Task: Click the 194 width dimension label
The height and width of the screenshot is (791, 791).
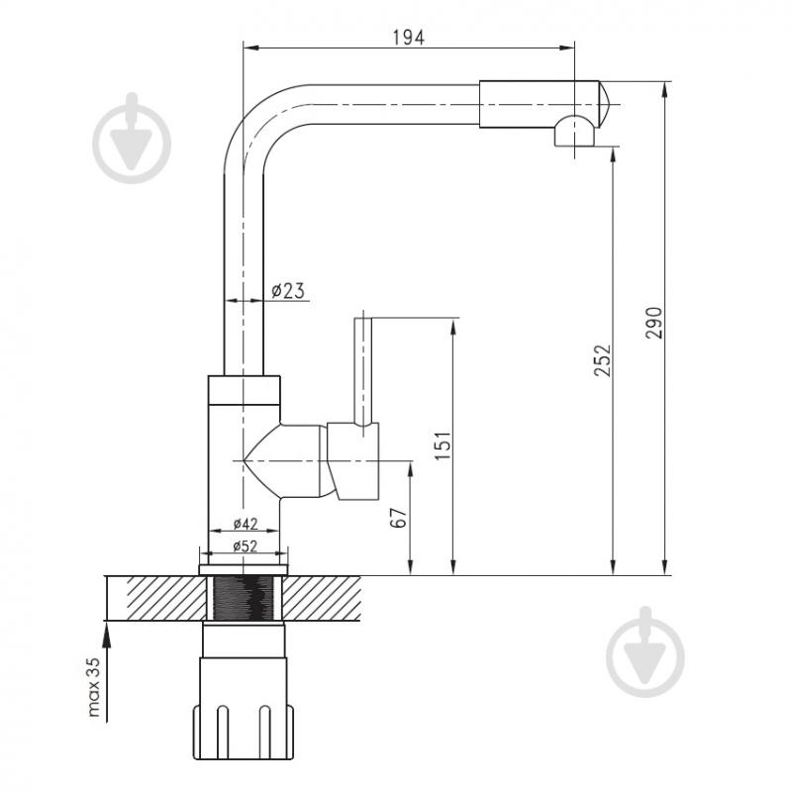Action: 409,38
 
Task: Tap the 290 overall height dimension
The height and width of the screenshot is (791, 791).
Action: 654,323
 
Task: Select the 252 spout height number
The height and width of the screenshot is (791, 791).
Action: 602,360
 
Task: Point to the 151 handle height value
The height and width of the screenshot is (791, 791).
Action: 444,445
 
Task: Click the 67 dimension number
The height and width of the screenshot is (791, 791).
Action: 399,518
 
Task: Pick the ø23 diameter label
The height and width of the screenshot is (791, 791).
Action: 288,291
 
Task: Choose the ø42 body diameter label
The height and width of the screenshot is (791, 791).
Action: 246,524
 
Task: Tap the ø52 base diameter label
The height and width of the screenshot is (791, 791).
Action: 246,545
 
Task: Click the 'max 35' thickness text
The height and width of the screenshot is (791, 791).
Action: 94,687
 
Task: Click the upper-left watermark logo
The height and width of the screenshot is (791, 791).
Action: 132,139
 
